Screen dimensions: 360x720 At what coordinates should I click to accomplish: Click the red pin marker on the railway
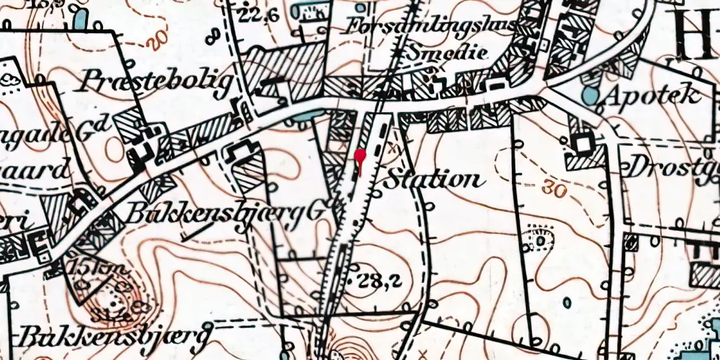pos(361,156)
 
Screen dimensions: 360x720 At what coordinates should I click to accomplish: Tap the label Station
pos(431,179)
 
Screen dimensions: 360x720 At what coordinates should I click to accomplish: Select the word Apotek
pos(653,94)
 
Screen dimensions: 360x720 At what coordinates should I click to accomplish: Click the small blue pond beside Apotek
pos(590,95)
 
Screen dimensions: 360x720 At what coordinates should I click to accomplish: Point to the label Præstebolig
pos(158,81)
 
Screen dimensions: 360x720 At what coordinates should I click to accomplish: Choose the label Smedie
pos(447,53)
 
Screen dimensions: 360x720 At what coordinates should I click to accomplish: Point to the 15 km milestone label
pos(84,267)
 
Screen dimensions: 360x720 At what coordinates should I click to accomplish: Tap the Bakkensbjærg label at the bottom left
pos(115,336)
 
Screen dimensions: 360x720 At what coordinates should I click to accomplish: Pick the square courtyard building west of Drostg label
pos(581,144)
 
